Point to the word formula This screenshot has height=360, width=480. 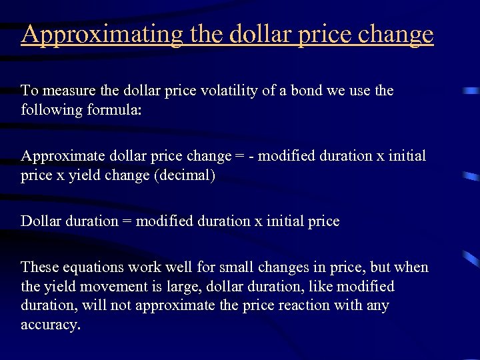115,109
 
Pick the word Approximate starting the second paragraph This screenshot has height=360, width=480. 59,157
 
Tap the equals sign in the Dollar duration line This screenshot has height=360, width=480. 127,221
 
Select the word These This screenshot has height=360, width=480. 39,267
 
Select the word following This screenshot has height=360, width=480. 52,109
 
